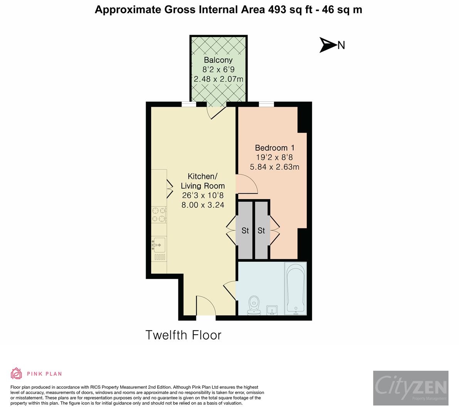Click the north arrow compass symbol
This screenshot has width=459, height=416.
328,45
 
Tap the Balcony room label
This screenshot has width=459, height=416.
218,60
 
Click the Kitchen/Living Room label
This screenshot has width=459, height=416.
203,181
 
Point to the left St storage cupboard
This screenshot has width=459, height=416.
245,230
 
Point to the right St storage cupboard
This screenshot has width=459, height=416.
262,230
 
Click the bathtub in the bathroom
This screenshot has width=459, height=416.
296,289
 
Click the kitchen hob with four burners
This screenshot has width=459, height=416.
159,215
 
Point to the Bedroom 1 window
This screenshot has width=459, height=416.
266,104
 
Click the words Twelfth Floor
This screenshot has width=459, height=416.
183,335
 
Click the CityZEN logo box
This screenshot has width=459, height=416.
410,388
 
